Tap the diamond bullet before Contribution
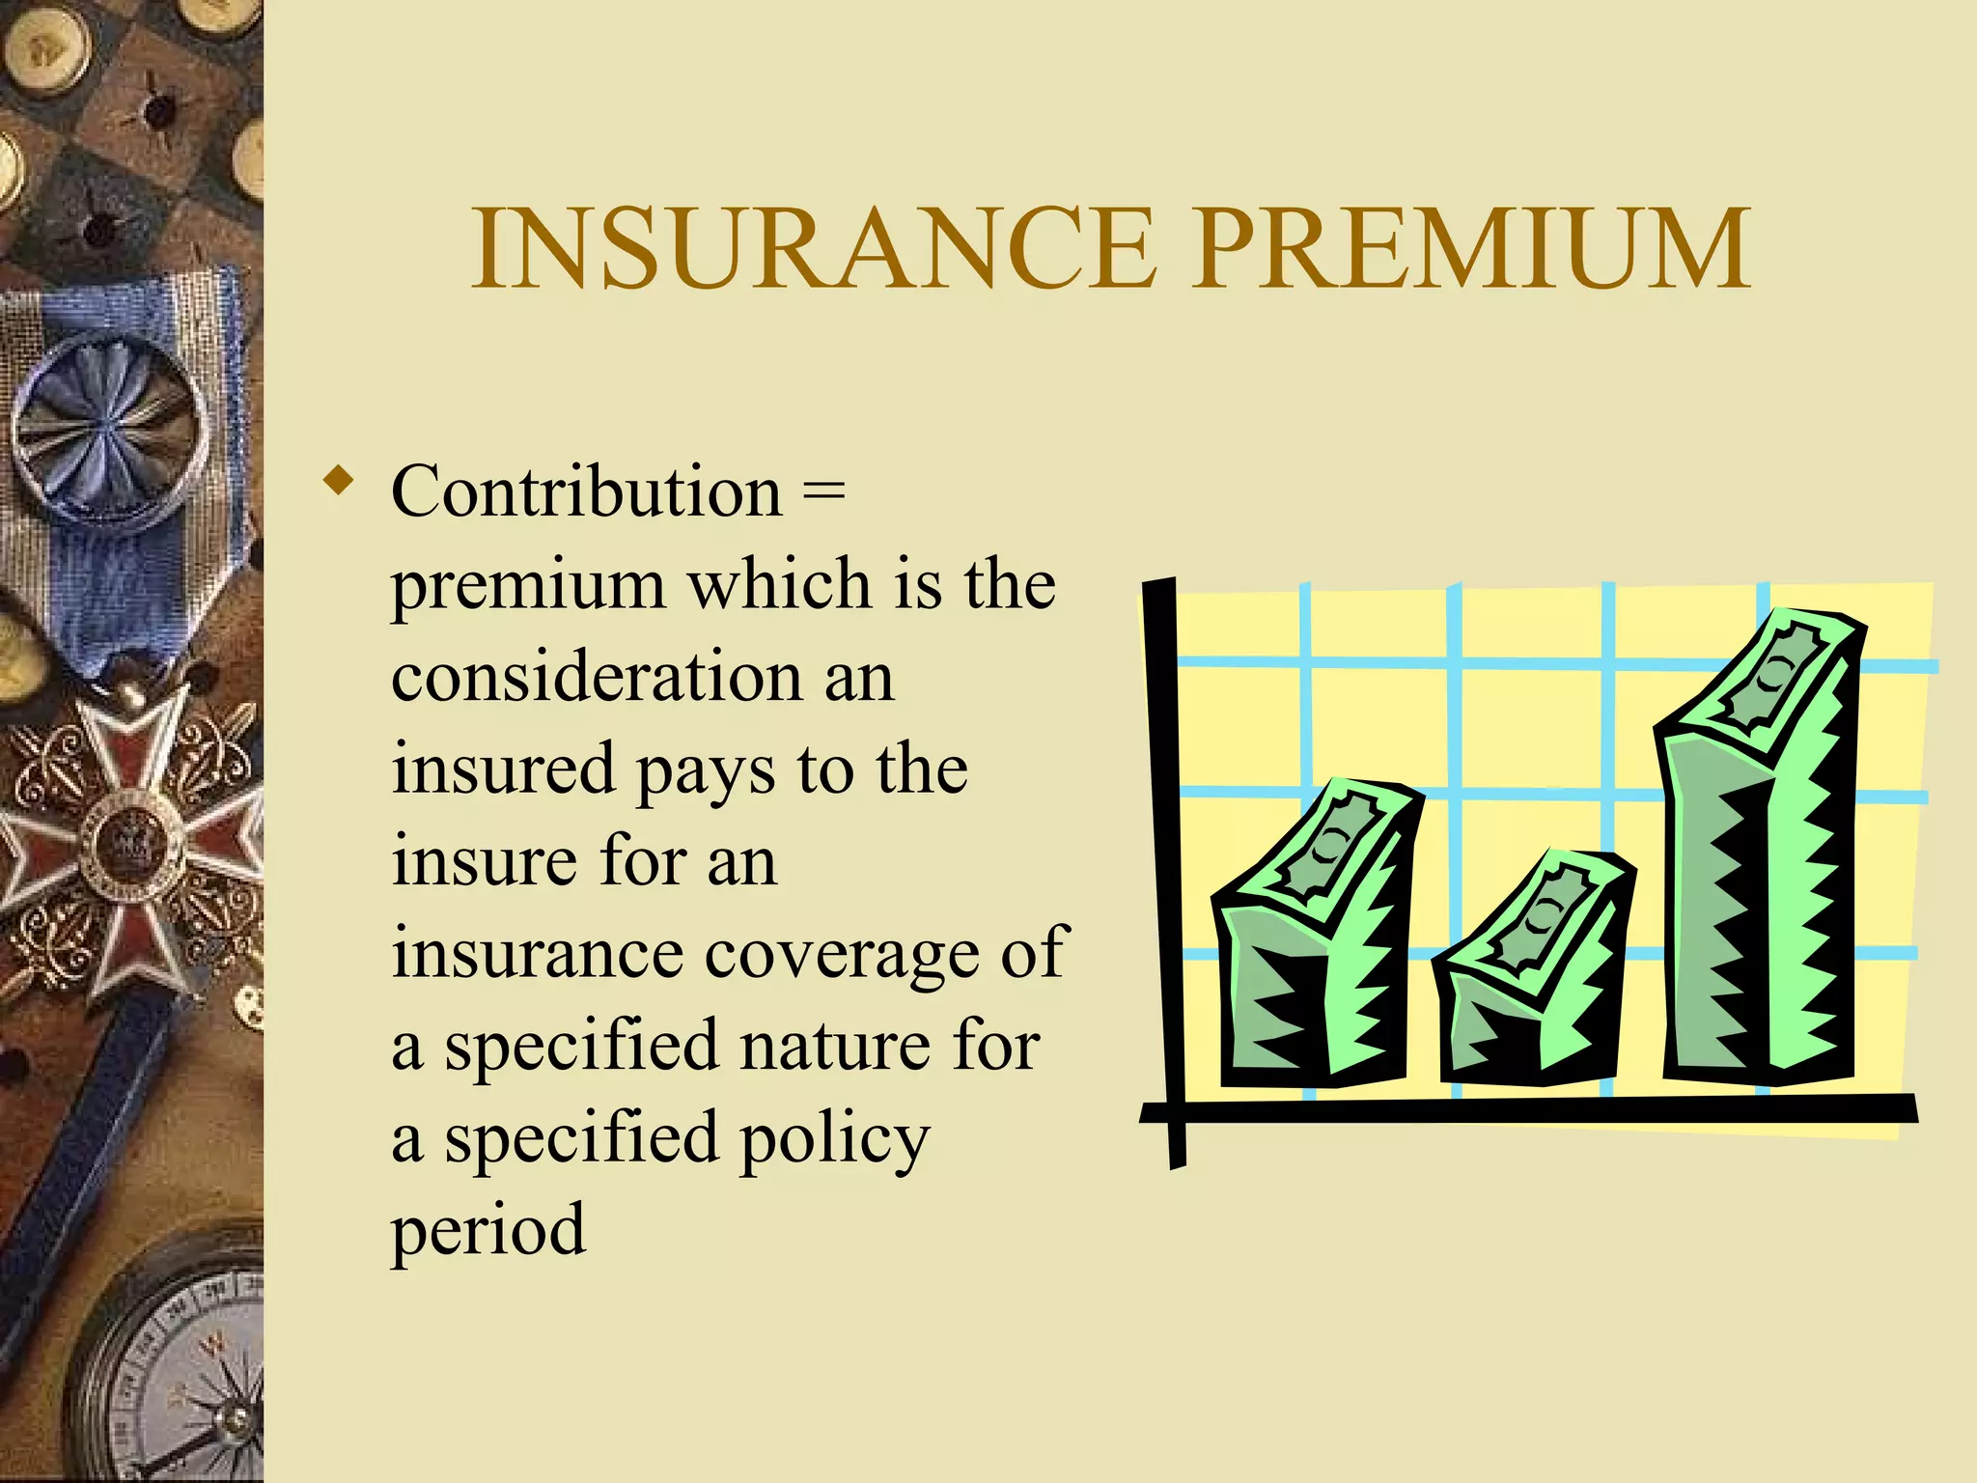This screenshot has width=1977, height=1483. point(338,480)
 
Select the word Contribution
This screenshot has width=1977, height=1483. point(586,491)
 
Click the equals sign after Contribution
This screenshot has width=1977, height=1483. point(823,492)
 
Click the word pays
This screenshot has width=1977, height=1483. point(706,772)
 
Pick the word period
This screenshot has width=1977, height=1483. point(487,1232)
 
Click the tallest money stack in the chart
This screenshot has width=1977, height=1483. point(1759,850)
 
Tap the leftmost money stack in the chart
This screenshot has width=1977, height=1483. point(1313,937)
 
